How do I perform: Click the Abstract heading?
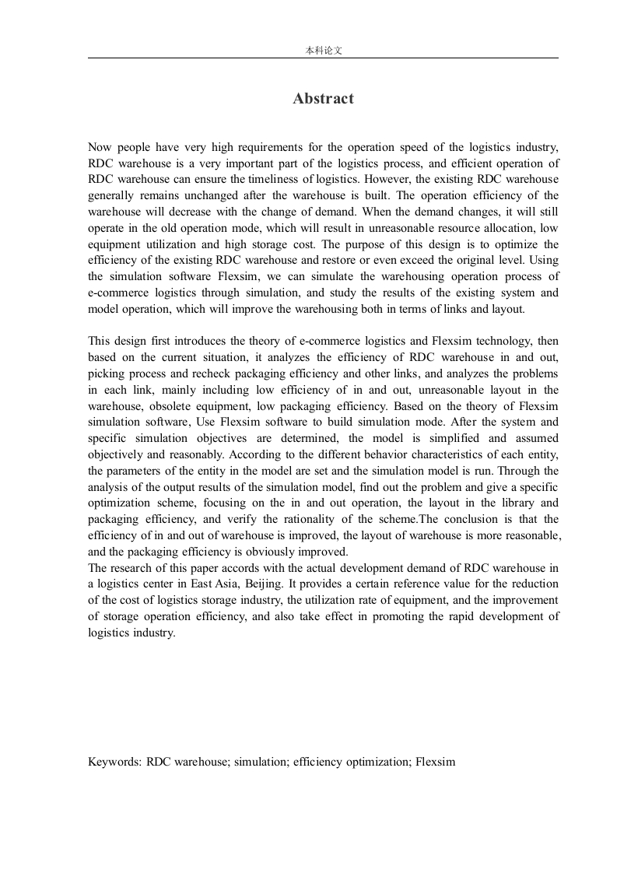(x=323, y=99)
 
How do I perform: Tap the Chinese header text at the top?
(x=323, y=50)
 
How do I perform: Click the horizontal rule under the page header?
(x=323, y=58)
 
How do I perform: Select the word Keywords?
(x=114, y=763)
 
